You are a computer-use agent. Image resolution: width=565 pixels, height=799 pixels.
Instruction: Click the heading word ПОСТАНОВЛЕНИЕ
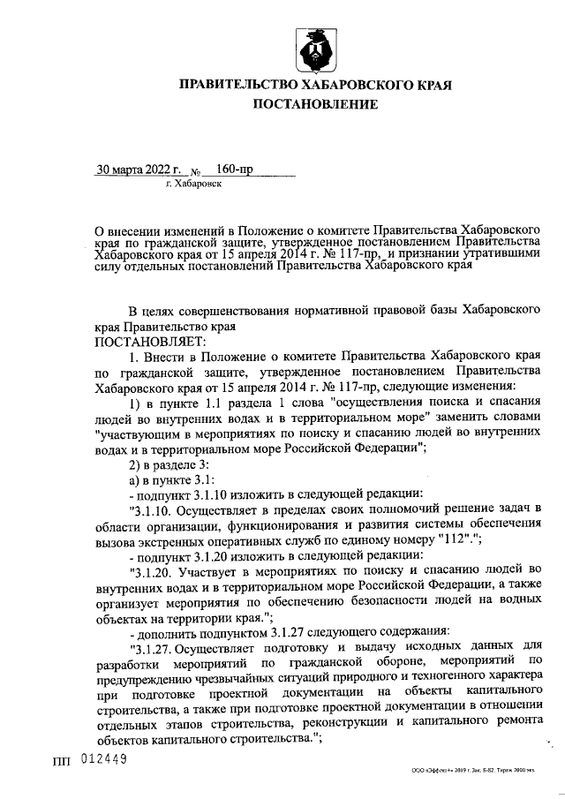[315, 105]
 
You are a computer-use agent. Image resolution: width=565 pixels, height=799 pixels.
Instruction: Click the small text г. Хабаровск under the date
[194, 185]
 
